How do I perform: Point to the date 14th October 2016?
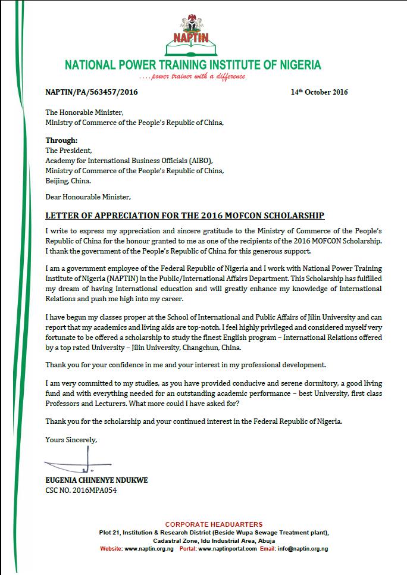(319, 92)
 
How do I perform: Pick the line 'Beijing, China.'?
(68, 180)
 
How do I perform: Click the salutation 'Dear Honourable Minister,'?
(87, 196)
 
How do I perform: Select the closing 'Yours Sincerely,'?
(71, 440)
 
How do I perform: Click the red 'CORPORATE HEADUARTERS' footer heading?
(214, 524)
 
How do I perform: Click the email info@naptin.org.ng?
(304, 548)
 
